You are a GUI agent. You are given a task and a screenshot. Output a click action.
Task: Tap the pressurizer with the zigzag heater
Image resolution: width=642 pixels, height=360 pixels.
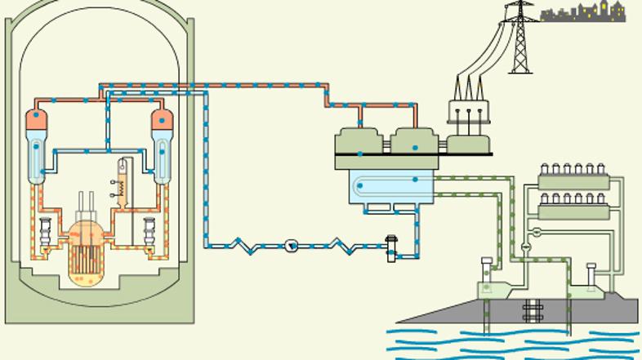tap(124, 180)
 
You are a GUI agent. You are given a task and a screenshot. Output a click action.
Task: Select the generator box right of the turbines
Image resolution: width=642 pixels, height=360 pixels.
tap(468, 144)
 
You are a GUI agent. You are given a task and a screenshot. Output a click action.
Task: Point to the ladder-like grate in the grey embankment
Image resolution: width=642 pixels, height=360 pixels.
tap(534, 311)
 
